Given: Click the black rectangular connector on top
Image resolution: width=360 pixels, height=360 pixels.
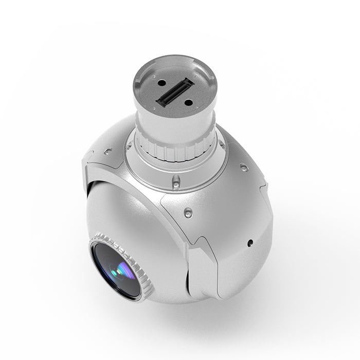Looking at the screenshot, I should point(175,93).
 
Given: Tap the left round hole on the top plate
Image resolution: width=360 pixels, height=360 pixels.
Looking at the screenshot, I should point(161,83).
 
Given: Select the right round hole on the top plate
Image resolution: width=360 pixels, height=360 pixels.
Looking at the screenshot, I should point(188,102).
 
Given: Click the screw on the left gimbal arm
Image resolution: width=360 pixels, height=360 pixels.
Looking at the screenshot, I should point(108,151).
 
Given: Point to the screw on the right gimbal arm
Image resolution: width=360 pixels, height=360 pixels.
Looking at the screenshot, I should point(244,168).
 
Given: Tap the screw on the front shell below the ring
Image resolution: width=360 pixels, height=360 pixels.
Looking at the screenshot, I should point(188,212).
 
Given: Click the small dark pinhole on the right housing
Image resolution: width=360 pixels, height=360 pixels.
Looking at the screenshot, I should point(250,243).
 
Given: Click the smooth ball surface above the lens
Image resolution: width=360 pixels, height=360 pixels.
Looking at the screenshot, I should point(129,211).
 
